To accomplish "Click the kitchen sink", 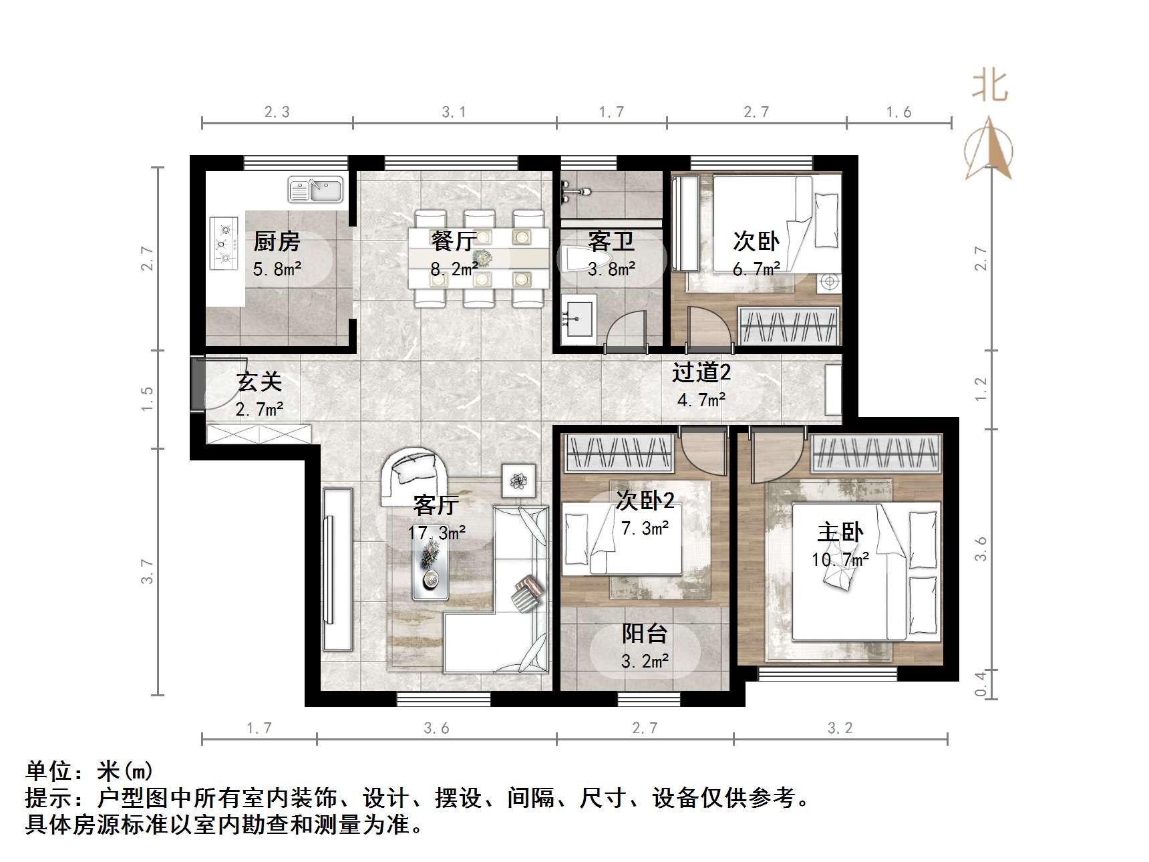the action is click(x=315, y=190).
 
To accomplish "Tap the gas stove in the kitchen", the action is click(x=225, y=243).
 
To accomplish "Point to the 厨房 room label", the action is click(x=277, y=241).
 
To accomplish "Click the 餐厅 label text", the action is click(x=454, y=241).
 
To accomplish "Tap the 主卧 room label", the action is click(x=840, y=532).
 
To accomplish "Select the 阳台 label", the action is click(x=645, y=633).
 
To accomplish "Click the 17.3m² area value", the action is click(x=437, y=533).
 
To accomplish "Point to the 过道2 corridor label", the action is click(x=701, y=372).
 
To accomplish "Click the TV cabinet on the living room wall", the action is click(x=337, y=569).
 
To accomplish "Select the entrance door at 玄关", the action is click(x=198, y=384).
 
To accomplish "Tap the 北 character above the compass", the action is click(x=989, y=87).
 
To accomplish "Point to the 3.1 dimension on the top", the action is click(x=454, y=112).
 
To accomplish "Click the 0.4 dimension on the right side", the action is click(x=980, y=684).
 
